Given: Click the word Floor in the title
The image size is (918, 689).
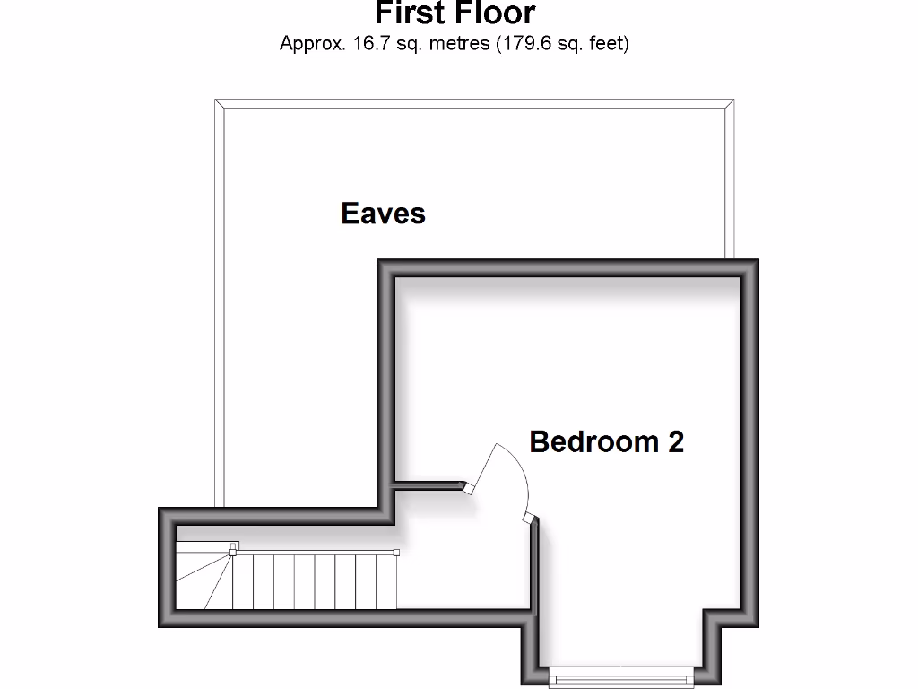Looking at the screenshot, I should pos(497,13).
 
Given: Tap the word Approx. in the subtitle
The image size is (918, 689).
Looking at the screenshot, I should pos(312,43).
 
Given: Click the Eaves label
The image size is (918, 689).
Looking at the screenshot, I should pos(383,214).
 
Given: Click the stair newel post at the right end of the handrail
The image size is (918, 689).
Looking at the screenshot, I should pos(396,552).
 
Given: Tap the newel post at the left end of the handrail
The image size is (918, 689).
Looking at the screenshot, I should pos(233,548).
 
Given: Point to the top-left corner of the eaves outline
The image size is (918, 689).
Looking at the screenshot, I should pos(216,100).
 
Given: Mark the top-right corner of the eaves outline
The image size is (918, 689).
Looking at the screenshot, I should pos(732,100).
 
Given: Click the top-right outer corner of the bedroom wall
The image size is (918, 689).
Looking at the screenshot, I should pos(757,261).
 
